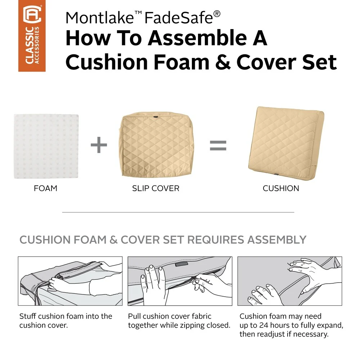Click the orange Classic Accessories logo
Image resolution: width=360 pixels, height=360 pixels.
[32, 36]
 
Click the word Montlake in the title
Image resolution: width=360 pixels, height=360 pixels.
[100, 18]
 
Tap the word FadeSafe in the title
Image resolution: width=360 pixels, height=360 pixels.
[179, 18]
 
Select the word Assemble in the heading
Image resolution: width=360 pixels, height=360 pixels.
[197, 38]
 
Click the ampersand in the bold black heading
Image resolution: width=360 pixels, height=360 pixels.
[223, 62]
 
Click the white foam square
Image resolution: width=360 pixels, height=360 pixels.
[46, 146]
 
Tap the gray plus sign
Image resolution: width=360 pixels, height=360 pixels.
[99, 145]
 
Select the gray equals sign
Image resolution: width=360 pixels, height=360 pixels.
[218, 145]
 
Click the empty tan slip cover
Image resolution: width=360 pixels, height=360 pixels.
[156, 145]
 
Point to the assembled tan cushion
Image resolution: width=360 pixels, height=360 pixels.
[286, 143]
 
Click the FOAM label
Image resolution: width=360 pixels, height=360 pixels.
[45, 189]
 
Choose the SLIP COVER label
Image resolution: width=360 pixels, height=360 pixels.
[156, 189]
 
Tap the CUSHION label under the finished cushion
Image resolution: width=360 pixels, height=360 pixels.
[281, 189]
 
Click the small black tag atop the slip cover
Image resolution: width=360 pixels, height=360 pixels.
[156, 117]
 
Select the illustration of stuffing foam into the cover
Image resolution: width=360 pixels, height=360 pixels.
[70, 281]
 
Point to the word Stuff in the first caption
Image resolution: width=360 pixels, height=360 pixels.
[28, 316]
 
